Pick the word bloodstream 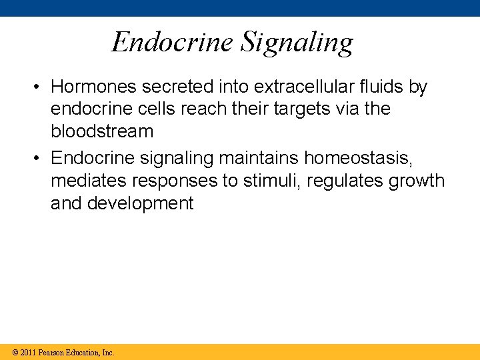(102, 131)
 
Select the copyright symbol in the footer (15, 352)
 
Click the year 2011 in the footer (29, 352)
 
